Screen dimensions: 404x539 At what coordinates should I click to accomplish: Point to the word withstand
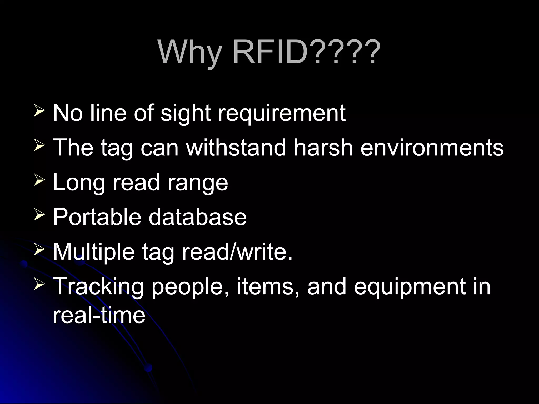pos(236,148)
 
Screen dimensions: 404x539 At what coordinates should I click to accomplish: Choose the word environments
pos(432,148)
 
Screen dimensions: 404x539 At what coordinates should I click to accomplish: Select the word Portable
pos(97,217)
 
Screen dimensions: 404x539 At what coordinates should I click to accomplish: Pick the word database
pos(198,217)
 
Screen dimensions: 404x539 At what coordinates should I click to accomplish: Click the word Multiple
pos(94,252)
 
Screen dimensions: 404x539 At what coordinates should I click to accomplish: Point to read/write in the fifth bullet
pos(237,252)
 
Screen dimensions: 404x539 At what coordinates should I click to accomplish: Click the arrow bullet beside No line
pos(39,112)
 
